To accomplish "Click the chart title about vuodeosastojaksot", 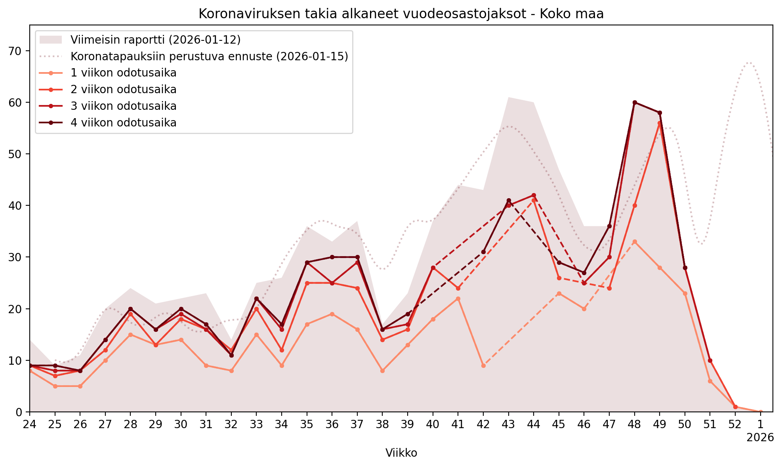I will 401,14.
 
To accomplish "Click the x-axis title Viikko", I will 401,453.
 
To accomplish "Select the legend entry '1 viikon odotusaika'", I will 123,73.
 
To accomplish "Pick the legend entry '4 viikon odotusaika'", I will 123,123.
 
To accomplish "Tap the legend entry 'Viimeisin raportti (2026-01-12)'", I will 155,40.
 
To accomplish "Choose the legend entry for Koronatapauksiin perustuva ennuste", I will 209,56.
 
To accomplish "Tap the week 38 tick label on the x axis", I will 382,425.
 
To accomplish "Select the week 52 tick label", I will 735,425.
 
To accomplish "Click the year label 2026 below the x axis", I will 760,438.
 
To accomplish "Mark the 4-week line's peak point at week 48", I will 635,102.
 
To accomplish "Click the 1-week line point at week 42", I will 483,366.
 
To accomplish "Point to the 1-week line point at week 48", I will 635,242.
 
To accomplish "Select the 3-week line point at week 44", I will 534,195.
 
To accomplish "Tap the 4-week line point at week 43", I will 509,201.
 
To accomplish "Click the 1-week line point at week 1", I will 760,412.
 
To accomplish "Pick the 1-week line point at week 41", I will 458,299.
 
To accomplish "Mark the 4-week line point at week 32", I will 231,355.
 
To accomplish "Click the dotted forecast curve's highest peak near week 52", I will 749,62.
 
